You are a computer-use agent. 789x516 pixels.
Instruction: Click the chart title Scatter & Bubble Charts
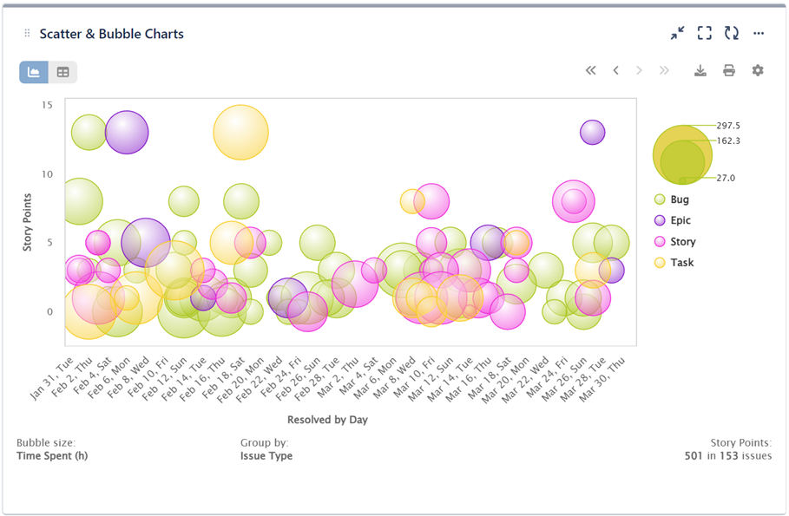click(111, 34)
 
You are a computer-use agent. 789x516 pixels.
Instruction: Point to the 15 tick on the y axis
click(47, 105)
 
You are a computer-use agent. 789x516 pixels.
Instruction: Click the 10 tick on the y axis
click(47, 174)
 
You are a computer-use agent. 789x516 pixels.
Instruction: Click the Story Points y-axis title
click(27, 223)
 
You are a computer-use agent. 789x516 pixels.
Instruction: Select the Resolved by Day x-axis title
click(328, 420)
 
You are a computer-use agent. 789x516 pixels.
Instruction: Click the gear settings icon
click(758, 70)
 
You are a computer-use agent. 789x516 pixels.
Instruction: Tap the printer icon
click(729, 70)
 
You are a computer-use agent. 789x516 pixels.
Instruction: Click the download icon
click(700, 70)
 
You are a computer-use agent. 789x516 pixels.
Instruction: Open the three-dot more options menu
click(759, 34)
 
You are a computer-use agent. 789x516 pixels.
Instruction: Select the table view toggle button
click(62, 72)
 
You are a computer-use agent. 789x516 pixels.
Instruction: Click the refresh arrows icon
click(732, 34)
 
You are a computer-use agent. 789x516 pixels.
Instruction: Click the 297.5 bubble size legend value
click(727, 126)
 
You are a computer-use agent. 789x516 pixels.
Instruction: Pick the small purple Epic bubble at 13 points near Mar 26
click(593, 132)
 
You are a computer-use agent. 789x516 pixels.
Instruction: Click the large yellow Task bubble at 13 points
click(241, 133)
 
